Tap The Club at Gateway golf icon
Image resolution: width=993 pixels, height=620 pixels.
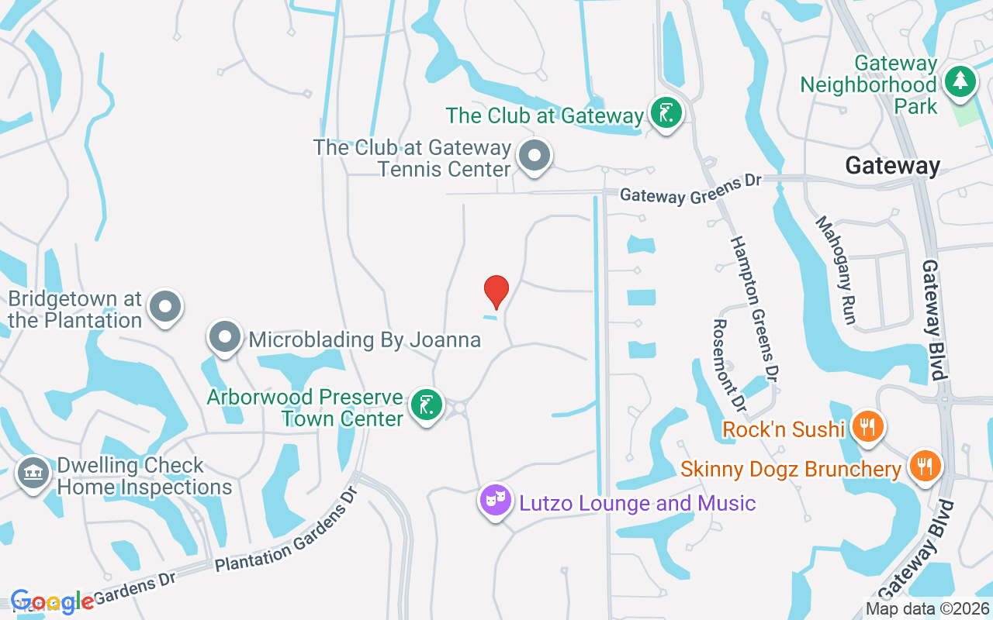pyautogui.click(x=666, y=113)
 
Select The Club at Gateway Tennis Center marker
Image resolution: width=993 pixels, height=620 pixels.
pyautogui.click(x=534, y=156)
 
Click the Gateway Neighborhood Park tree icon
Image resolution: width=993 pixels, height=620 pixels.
pyautogui.click(x=960, y=81)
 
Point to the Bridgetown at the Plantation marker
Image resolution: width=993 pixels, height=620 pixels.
pyautogui.click(x=164, y=307)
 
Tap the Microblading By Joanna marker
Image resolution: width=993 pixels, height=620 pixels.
pyautogui.click(x=225, y=338)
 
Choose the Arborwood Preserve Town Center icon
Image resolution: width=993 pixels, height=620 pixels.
pyautogui.click(x=426, y=405)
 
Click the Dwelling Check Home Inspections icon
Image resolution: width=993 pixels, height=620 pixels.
pyautogui.click(x=33, y=473)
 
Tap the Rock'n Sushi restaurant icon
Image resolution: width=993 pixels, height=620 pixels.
pyautogui.click(x=867, y=426)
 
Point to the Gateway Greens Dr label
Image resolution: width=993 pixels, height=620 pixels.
pyautogui.click(x=690, y=188)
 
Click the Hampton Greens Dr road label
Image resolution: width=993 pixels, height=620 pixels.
pyautogui.click(x=752, y=308)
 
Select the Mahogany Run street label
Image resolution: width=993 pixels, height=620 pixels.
pyautogui.click(x=835, y=270)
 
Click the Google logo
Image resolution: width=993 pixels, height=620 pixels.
pyautogui.click(x=53, y=602)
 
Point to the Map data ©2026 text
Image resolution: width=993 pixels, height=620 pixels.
pyautogui.click(x=927, y=608)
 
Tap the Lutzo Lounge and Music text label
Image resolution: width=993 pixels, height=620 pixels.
pyautogui.click(x=637, y=504)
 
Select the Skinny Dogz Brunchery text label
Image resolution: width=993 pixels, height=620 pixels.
pyautogui.click(x=791, y=470)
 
